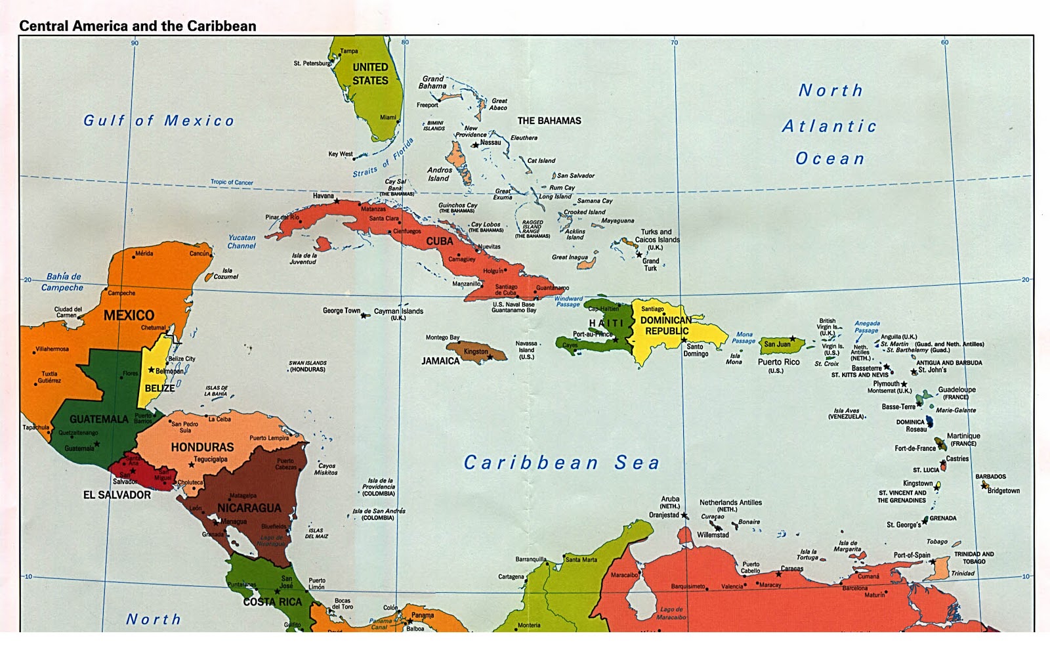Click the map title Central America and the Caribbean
pyautogui.click(x=137, y=26)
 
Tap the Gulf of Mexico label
pyautogui.click(x=158, y=121)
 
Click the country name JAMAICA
pyautogui.click(x=440, y=361)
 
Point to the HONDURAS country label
pyautogui.click(x=202, y=447)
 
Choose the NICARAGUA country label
pyautogui.click(x=249, y=508)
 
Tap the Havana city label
pyautogui.click(x=323, y=196)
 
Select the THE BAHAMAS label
pyautogui.click(x=549, y=121)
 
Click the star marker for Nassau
pyautogui.click(x=474, y=145)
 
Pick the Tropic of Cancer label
pyautogui.click(x=232, y=182)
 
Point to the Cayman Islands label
pyautogui.click(x=398, y=312)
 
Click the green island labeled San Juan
pyautogui.click(x=781, y=345)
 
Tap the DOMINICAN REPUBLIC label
pyautogui.click(x=666, y=326)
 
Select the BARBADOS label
pyautogui.click(x=990, y=477)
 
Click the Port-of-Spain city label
pyautogui.click(x=912, y=555)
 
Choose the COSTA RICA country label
pyautogui.click(x=272, y=602)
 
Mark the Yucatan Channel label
pyautogui.click(x=241, y=242)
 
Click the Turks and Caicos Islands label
pyautogui.click(x=657, y=240)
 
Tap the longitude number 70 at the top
pyautogui.click(x=674, y=43)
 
